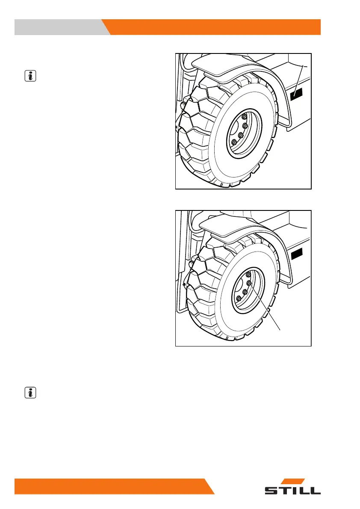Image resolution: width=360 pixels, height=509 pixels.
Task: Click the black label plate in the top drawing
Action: [296, 95]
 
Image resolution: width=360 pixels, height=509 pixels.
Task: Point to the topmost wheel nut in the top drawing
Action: [244, 117]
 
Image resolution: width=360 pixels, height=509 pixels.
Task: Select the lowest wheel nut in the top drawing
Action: [233, 142]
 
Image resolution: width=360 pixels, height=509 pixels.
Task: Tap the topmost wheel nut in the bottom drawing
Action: [248, 273]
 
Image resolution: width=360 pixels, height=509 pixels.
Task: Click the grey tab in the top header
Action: [60, 27]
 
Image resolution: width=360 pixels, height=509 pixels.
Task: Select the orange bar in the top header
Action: [214, 27]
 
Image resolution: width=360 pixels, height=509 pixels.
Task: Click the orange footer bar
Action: [111, 486]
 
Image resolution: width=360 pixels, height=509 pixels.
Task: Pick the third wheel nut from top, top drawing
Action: [241, 135]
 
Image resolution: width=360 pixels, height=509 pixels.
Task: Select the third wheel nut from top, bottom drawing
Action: [245, 292]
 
